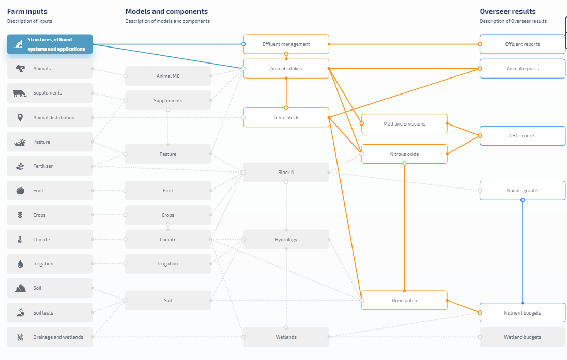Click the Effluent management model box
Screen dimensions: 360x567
coord(286,44)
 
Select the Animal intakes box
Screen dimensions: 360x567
coord(286,69)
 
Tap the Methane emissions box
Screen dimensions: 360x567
coord(404,124)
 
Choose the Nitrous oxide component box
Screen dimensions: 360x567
coord(404,154)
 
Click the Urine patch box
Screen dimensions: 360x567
coord(404,301)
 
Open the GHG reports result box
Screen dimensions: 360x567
coord(522,136)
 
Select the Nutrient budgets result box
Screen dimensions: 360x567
coord(522,313)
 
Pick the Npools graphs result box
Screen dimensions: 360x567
coord(522,191)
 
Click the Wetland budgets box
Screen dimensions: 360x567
coord(522,337)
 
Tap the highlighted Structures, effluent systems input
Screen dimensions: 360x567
coord(50,44)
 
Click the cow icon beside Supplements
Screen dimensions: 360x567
coord(20,93)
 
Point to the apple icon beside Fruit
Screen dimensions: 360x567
coord(20,191)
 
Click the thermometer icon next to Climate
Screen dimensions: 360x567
coord(20,240)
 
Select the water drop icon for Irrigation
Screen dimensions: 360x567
coord(20,264)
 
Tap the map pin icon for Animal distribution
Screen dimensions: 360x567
coord(20,117)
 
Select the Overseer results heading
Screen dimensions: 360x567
coord(507,11)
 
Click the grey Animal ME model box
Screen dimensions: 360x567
coord(168,76)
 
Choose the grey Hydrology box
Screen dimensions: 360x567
coord(286,240)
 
